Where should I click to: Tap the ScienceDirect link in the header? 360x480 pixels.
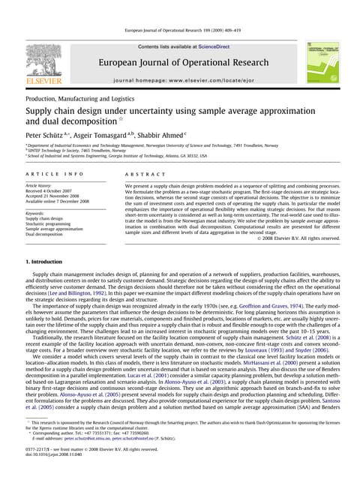[216, 46]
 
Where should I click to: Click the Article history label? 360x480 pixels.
[43, 184]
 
